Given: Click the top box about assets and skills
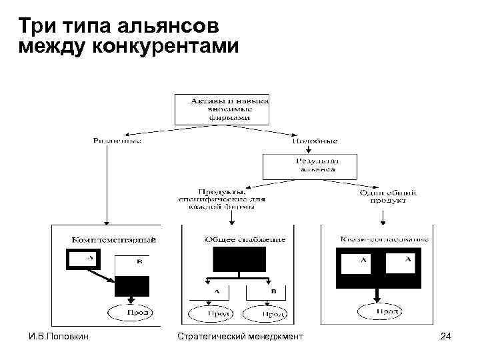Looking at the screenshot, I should pos(221,109).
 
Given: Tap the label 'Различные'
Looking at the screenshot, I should pos(117,141).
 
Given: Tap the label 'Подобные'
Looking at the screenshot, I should pos(315,141).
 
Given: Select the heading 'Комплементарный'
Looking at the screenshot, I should pos(114,239).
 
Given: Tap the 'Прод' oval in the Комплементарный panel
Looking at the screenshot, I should pos(131,311).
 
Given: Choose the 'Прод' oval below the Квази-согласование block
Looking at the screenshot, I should pos(379,311).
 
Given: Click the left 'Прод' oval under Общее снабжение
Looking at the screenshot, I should pos(210,313).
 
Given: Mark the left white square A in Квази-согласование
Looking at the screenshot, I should pos(360,264).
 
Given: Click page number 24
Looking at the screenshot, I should pos(446,337).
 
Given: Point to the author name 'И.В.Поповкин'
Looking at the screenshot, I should pos(54,337).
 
